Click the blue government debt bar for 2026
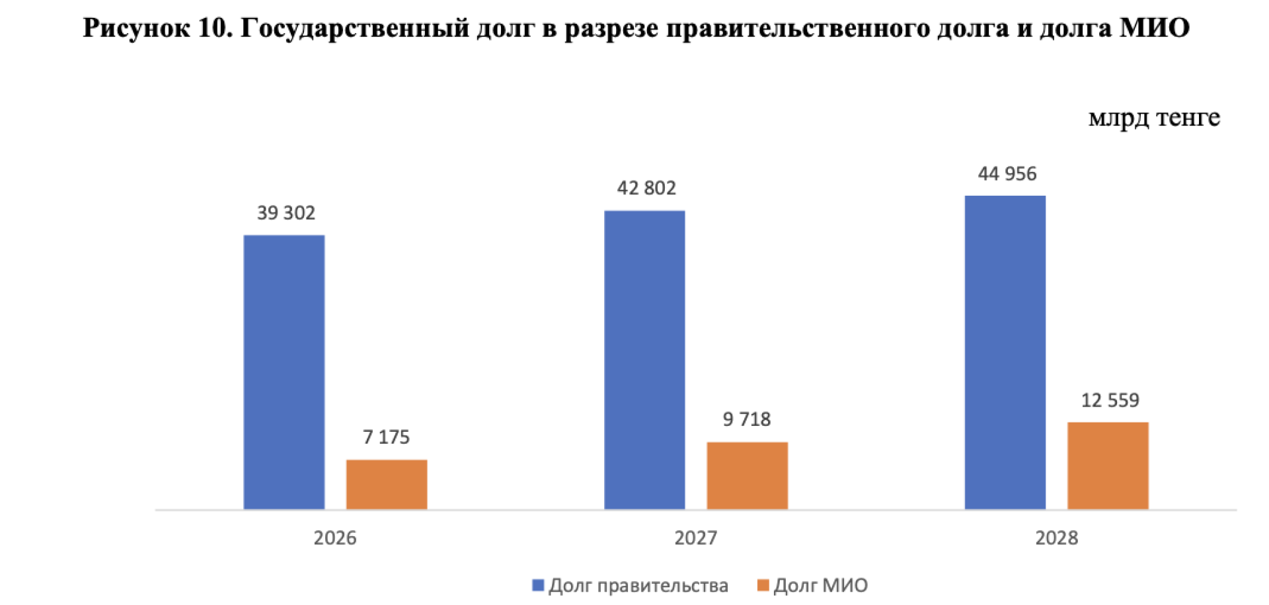click(x=284, y=372)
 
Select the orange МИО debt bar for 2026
click(x=387, y=484)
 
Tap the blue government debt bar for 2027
click(x=644, y=360)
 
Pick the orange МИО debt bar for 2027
click(x=747, y=475)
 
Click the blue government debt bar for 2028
click(x=1005, y=352)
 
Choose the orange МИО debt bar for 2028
click(x=1108, y=465)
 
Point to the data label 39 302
click(x=286, y=213)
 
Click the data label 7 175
click(x=386, y=437)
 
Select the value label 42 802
click(x=646, y=188)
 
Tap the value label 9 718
click(x=747, y=419)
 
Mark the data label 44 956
click(x=1007, y=174)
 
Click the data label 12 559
click(x=1110, y=400)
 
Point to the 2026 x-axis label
click(x=335, y=538)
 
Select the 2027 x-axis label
click(x=695, y=538)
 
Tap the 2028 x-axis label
click(x=1056, y=538)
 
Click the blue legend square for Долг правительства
click(x=538, y=585)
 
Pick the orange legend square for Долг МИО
click(x=763, y=585)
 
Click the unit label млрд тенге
click(x=1154, y=118)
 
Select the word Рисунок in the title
click(x=136, y=28)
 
